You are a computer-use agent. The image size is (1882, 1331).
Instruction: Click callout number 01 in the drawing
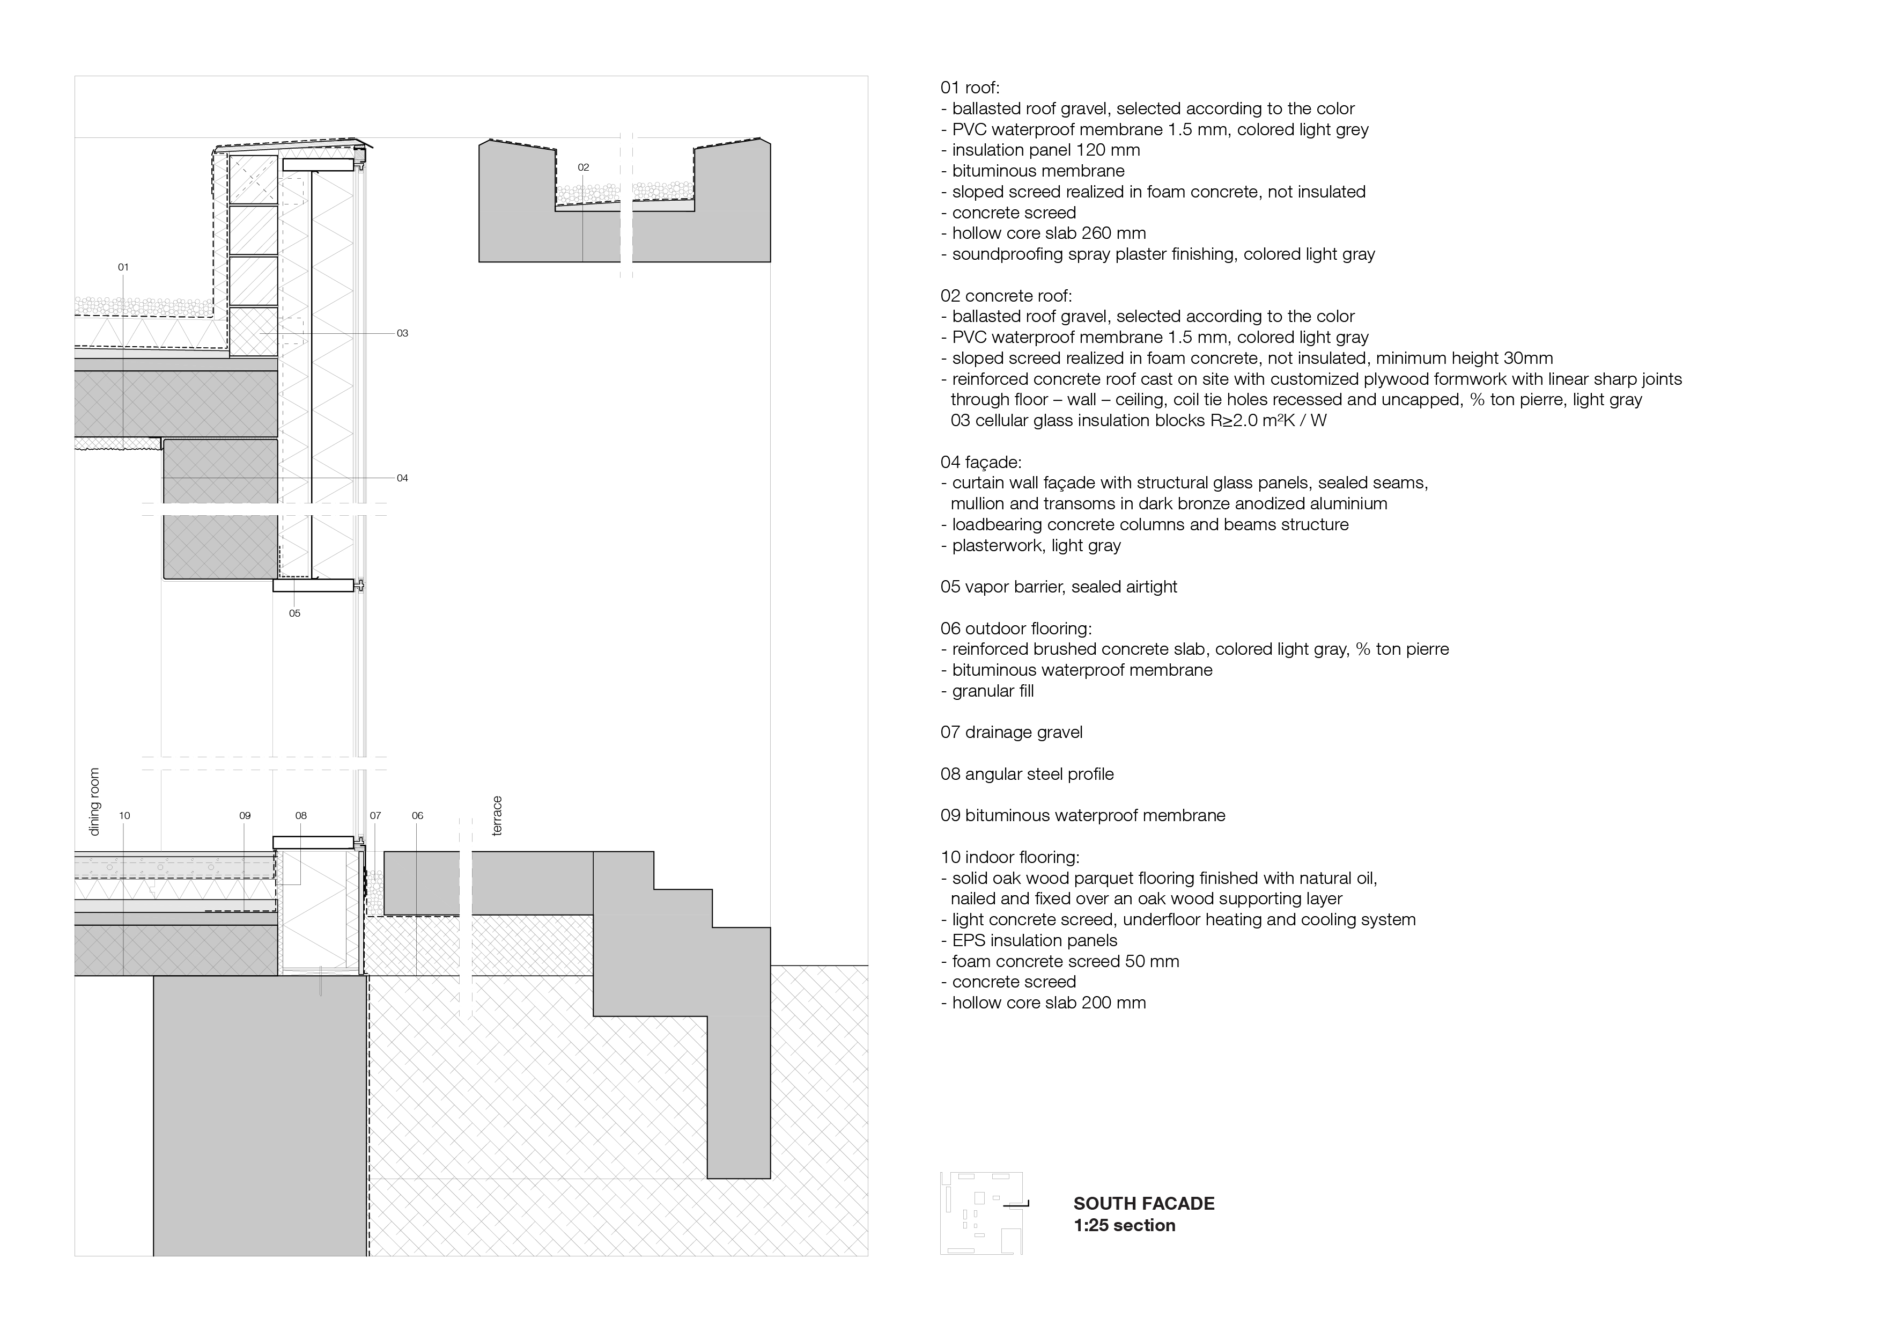[123, 267]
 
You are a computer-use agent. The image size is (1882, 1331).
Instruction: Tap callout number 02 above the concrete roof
[583, 167]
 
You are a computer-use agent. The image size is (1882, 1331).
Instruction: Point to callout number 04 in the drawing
[402, 478]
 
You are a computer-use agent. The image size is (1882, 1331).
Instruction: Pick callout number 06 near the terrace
[417, 816]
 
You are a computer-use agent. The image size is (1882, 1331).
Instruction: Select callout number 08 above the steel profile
[301, 816]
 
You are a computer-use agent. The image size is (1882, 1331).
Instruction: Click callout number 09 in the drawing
[244, 816]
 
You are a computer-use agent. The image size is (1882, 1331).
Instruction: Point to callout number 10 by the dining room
[124, 816]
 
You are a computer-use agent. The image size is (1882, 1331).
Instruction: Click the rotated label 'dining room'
[94, 802]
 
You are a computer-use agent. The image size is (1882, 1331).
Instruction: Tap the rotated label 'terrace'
[496, 816]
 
